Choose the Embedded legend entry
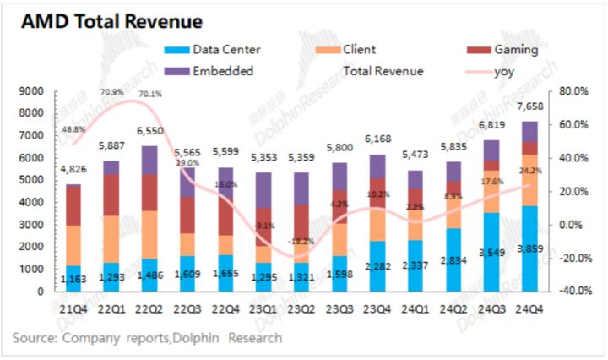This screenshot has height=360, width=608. pos(222,71)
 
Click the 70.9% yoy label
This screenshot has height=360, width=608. pos(112,90)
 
